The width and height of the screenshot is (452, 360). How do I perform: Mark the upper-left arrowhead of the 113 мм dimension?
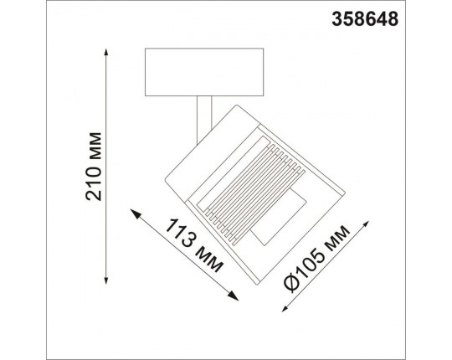pos(136,210)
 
